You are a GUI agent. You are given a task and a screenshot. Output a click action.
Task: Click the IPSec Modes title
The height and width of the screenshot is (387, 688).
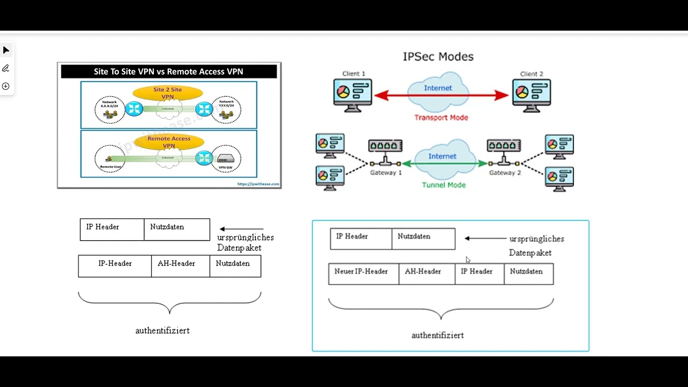click(438, 56)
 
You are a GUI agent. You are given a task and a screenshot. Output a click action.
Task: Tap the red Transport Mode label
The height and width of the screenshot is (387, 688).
click(441, 118)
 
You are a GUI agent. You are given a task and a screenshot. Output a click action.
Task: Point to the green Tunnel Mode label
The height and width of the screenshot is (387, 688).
click(443, 185)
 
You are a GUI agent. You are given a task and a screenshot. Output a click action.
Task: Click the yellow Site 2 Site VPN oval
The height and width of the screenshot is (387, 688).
click(168, 93)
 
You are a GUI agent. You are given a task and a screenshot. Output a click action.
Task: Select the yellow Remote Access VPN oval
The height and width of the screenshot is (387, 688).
click(169, 142)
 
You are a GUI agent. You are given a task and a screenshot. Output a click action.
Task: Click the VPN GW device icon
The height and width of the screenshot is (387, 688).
click(226, 159)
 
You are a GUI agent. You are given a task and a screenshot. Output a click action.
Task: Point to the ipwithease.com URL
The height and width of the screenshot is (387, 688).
click(258, 184)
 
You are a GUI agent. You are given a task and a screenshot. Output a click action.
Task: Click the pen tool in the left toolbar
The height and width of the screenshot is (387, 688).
click(6, 68)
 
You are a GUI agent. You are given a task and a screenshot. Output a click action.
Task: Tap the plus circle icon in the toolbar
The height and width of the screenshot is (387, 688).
click(6, 86)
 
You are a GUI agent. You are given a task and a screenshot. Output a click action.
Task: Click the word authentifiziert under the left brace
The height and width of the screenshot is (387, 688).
click(162, 331)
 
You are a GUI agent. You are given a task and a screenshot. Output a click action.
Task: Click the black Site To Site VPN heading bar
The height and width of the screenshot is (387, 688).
click(169, 71)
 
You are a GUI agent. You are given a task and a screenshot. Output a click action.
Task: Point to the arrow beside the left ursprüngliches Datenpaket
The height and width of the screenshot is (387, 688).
click(242, 229)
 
